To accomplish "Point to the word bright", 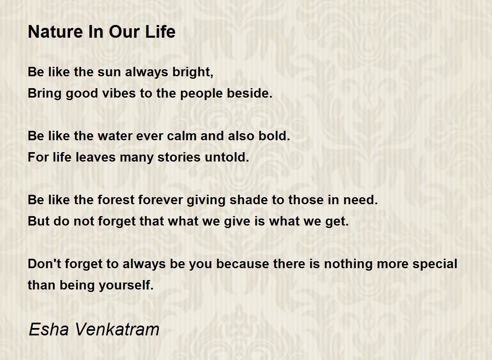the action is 193,72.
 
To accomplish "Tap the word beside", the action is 250,93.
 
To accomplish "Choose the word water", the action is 115,136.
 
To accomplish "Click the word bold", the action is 274,136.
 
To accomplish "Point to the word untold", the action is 227,157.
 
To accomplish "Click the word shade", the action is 248,200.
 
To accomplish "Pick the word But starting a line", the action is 39,221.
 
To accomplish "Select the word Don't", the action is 44,264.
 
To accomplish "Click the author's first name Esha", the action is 48,330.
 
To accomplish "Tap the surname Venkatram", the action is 117,330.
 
